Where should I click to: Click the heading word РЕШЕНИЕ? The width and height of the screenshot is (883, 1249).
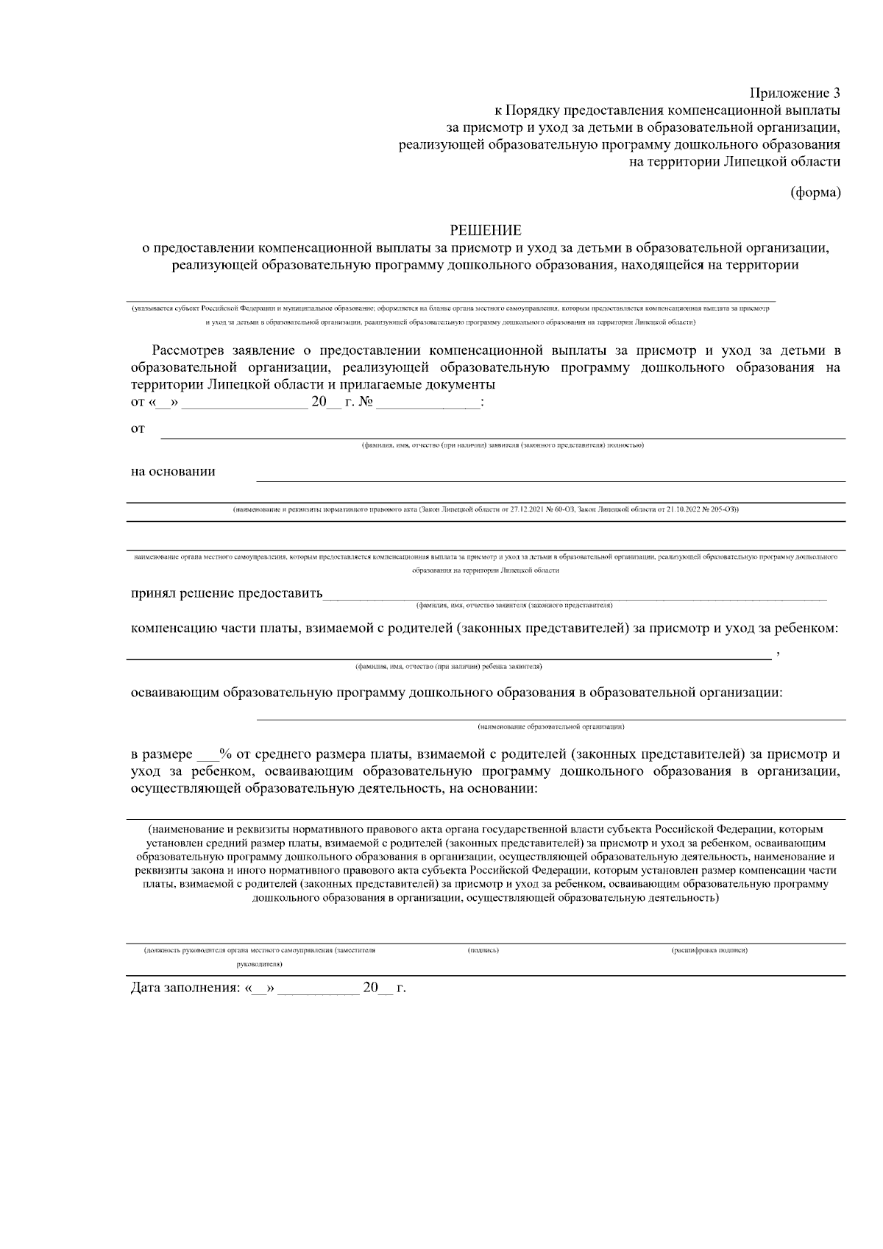coord(485,231)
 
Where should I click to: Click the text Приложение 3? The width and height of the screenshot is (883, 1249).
coord(795,93)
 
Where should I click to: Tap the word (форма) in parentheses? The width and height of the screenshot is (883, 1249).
coord(815,193)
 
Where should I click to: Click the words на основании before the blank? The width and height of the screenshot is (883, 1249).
coord(173,472)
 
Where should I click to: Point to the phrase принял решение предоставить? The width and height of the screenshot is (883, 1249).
coord(227,594)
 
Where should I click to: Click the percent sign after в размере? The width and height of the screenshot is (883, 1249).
coord(226,754)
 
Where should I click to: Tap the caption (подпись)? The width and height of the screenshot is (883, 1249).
coord(483,951)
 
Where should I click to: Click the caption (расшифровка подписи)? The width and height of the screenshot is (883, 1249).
coord(709,951)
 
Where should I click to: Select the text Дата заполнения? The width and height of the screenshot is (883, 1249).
coord(185,988)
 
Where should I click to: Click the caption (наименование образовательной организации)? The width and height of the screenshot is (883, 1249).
coord(550,727)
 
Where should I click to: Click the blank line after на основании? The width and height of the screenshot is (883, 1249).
coord(550,481)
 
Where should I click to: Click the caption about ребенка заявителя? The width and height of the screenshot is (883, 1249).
coord(448,667)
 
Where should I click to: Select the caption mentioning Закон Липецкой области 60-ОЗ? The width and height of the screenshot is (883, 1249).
coord(486,509)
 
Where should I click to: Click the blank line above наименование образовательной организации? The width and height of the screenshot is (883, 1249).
coord(550,719)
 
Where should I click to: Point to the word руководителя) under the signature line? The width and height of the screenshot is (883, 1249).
coord(260,963)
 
